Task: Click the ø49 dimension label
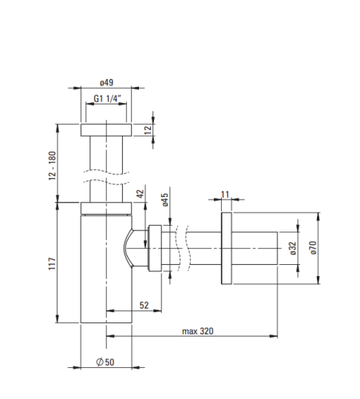[x=106, y=82]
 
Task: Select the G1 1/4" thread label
[x=107, y=99]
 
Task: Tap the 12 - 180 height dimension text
[x=53, y=165]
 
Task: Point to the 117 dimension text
[x=52, y=263]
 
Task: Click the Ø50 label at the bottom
[x=105, y=361]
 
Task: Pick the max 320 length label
[x=198, y=331]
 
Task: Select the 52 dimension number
[x=144, y=305]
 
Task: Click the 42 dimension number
[x=140, y=194]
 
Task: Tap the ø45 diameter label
[x=165, y=199]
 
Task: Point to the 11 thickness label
[x=225, y=195]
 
